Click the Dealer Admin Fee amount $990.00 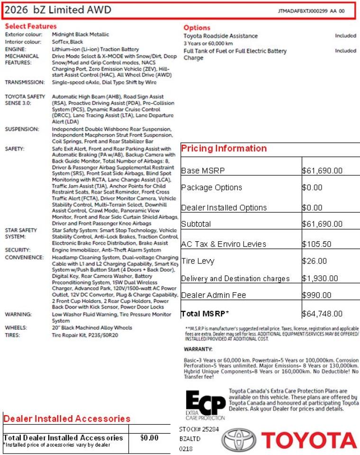click(x=317, y=295)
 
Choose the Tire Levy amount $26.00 click(x=315, y=261)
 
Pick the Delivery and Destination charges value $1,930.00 click(x=320, y=279)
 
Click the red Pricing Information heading click(x=224, y=148)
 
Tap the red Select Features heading click(x=30, y=26)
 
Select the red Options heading click(x=197, y=27)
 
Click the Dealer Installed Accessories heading click(x=67, y=419)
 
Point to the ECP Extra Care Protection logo click(x=205, y=406)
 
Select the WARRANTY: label click(x=198, y=349)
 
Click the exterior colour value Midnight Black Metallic click(x=81, y=35)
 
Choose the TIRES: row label click(x=13, y=335)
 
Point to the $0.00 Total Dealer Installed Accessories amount click(x=149, y=438)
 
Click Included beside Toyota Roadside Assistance click(x=345, y=36)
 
